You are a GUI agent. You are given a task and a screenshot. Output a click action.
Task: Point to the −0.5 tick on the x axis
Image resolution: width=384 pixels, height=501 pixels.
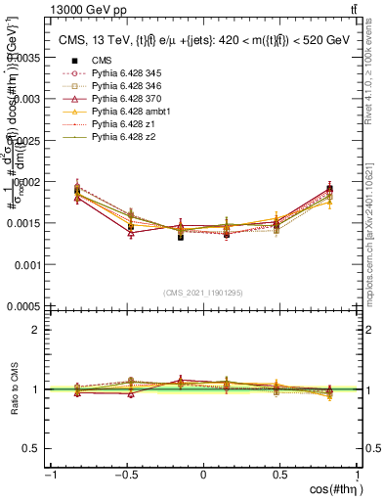(126, 475)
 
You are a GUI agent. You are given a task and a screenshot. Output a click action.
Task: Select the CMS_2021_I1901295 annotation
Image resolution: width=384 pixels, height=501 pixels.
(203, 293)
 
